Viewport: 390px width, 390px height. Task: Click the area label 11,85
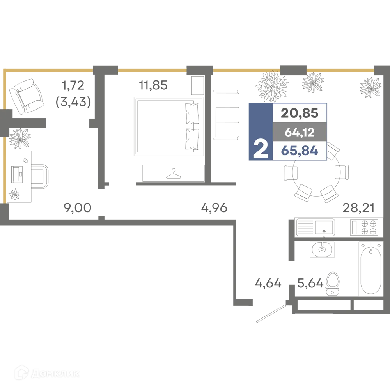(153, 85)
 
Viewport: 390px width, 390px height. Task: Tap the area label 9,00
(78, 208)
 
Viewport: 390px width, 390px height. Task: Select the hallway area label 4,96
(214, 208)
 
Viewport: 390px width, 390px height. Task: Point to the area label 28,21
(358, 208)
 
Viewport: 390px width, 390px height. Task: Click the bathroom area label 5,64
(310, 283)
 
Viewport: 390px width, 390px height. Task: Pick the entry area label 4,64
(268, 283)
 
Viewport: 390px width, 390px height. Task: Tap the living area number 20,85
(300, 113)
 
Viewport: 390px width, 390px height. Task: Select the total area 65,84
(300, 151)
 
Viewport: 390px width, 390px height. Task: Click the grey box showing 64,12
(300, 132)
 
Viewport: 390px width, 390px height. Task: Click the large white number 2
(261, 149)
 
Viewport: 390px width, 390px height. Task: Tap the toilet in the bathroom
(333, 284)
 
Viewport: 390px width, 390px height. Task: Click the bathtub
(370, 269)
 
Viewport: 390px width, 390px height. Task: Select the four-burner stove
(364, 227)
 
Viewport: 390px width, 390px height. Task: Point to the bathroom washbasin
(322, 249)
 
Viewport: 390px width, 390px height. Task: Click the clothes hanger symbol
(174, 174)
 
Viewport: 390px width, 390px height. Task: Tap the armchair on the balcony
(26, 96)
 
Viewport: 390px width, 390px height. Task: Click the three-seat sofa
(226, 115)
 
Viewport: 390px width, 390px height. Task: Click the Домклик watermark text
(55, 373)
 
